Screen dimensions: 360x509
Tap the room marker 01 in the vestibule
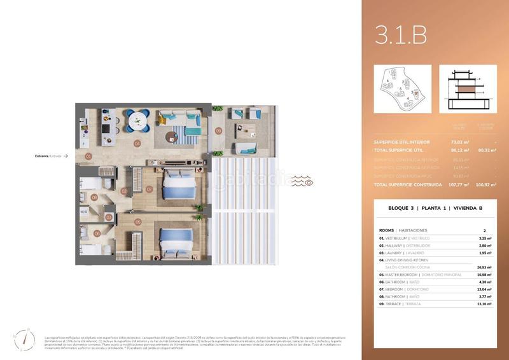pyautogui.click(x=89, y=156)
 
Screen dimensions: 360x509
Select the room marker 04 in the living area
pyautogui.click(x=137, y=143)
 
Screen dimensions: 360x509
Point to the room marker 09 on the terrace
pyautogui.click(x=218, y=131)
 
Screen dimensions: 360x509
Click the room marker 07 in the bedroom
pyautogui.click(x=150, y=188)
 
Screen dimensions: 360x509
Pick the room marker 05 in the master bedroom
pyautogui.click(x=137, y=222)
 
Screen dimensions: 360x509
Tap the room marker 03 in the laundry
pyautogui.click(x=109, y=217)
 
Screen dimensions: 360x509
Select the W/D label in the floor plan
pyautogui.click(x=84, y=211)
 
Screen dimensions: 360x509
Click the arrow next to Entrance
pyautogui.click(x=66, y=156)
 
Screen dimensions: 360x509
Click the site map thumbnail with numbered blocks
pyautogui.click(x=402, y=89)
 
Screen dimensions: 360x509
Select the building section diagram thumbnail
pyautogui.click(x=468, y=89)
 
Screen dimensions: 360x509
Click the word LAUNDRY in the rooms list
pyautogui.click(x=398, y=253)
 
